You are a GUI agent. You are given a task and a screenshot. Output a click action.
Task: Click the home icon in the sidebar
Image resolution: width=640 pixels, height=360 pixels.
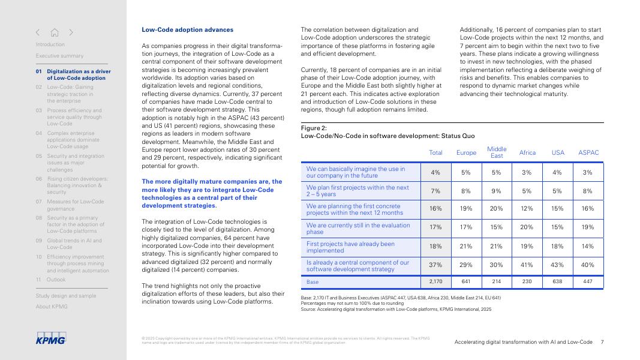pyautogui.click(x=55, y=32)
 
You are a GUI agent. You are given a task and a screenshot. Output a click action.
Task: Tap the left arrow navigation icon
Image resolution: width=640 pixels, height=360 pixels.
pyautogui.click(x=38, y=32)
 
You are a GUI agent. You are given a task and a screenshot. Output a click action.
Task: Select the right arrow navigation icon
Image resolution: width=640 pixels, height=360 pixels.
pyautogui.click(x=71, y=32)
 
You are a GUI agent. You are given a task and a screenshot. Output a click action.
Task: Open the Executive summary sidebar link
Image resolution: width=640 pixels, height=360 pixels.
pyautogui.click(x=59, y=56)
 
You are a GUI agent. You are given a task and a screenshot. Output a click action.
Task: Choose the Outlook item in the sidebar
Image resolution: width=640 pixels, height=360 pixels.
pyautogui.click(x=56, y=280)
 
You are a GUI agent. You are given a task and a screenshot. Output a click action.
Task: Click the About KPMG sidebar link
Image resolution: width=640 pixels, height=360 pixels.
pyautogui.click(x=52, y=307)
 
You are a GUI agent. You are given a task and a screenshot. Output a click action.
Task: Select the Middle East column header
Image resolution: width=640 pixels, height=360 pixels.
pyautogui.click(x=497, y=152)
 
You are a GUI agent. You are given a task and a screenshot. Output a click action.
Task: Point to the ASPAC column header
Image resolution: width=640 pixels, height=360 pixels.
pyautogui.click(x=588, y=152)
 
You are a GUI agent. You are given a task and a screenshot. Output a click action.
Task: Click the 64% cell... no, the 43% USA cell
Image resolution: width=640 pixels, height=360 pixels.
pyautogui.click(x=557, y=266)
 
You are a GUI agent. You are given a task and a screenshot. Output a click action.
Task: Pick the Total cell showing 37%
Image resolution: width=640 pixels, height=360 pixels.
pyautogui.click(x=435, y=266)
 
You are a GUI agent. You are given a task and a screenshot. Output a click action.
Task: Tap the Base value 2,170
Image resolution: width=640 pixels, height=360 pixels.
pyautogui.click(x=435, y=281)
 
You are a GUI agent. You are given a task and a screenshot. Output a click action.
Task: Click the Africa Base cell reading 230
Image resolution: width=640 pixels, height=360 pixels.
pyautogui.click(x=527, y=281)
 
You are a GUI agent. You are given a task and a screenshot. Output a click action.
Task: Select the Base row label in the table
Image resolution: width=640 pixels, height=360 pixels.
pyautogui.click(x=313, y=281)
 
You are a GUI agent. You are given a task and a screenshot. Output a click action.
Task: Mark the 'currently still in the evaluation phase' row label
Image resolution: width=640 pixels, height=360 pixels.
pyautogui.click(x=358, y=229)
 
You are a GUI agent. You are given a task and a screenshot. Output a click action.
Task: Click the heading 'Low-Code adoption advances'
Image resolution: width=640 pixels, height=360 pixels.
pyautogui.click(x=188, y=29)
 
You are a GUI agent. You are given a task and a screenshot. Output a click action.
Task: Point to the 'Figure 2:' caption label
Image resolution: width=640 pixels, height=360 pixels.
pyautogui.click(x=314, y=128)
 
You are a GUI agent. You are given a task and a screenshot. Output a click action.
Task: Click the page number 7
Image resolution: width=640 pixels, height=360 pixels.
pyautogui.click(x=602, y=342)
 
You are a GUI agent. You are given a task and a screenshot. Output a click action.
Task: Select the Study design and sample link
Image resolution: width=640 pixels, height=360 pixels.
pyautogui.click(x=65, y=296)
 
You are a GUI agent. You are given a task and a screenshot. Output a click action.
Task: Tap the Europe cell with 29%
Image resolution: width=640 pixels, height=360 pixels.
pyautogui.click(x=466, y=266)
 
